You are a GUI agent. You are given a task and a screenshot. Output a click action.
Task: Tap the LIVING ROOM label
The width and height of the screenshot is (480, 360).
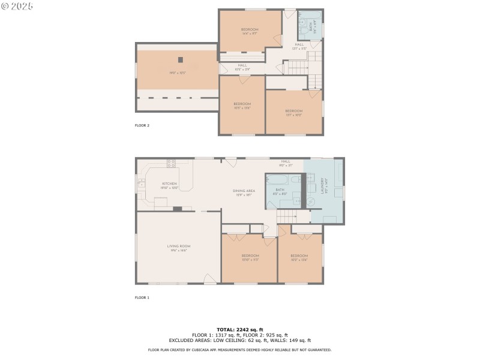tap(178, 246)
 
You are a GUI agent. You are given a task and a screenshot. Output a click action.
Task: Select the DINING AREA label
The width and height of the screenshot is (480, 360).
tap(243, 191)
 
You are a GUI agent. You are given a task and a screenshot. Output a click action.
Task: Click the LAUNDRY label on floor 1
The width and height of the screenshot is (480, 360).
tap(323, 186)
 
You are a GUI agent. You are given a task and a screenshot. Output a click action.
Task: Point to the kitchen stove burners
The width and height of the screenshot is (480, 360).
tap(171, 163)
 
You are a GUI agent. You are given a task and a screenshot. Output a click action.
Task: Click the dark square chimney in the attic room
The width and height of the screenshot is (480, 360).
tap(179, 59)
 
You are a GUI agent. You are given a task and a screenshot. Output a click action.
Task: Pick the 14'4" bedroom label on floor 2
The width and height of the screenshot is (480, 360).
tap(250, 30)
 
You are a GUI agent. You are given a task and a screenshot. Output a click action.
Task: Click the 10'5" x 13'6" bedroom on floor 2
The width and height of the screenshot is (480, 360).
tap(242, 104)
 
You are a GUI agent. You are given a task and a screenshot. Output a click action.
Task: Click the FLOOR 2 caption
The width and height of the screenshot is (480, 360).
tap(142, 125)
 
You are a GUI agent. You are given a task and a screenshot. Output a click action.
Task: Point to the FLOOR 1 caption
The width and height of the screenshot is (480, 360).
tap(142, 298)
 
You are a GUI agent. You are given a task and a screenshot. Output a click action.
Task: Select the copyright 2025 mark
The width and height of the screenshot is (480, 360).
tap(17, 6)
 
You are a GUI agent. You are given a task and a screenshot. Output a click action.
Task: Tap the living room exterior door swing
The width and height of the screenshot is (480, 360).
tap(209, 278)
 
